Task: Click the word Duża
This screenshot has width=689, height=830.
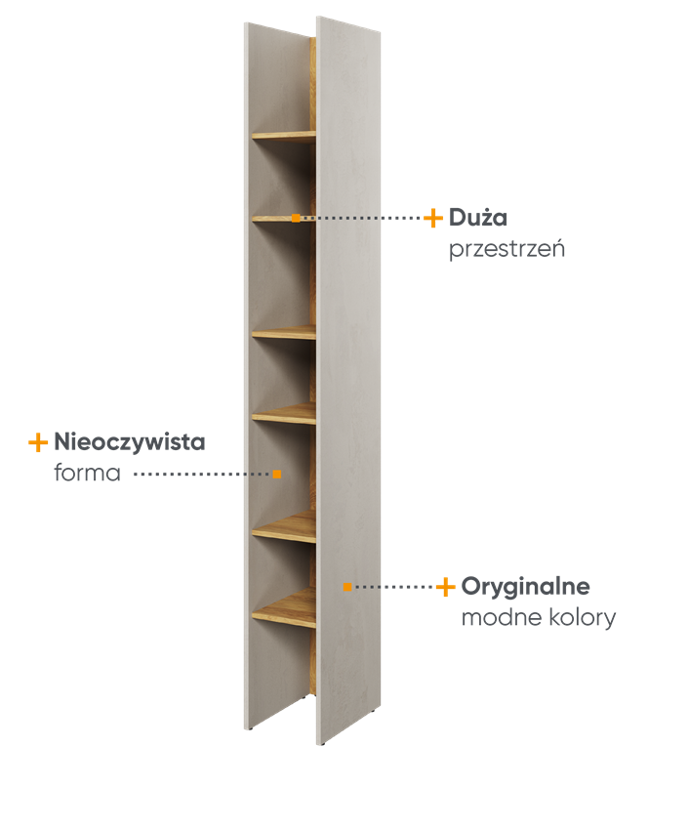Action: coord(478,218)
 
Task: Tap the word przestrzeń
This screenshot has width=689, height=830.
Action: coord(507,249)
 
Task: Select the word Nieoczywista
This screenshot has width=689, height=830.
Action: coord(130,442)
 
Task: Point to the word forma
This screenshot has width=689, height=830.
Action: coord(87,473)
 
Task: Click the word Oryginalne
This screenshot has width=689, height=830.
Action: coord(525,587)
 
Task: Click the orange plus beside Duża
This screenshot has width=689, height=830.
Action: coord(433,218)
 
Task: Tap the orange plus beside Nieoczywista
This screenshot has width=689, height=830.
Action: coord(38,442)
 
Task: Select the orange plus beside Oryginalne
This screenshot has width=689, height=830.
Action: coord(446,587)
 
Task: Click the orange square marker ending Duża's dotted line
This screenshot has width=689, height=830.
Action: coord(296,218)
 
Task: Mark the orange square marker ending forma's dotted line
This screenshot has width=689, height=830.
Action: coord(277,474)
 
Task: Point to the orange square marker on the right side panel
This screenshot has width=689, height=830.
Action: coord(347,587)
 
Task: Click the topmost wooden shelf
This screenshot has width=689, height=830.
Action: coord(284,136)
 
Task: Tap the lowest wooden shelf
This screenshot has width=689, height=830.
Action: coord(284,608)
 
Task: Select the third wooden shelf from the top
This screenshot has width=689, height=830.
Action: coord(284,332)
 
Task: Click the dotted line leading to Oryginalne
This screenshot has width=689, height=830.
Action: coord(393,587)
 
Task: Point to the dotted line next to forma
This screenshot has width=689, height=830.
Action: coord(202,474)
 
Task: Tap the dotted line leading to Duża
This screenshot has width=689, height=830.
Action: coord(361,218)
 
